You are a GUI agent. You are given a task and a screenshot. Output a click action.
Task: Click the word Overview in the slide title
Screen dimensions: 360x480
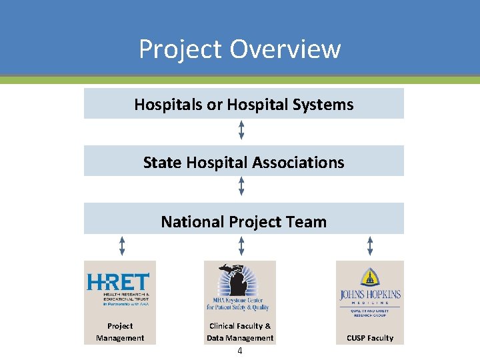coord(285,49)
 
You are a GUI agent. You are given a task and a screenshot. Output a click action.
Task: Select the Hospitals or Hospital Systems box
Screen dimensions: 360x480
coord(243,104)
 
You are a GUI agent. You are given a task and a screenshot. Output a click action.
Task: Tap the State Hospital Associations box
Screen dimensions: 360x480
coord(243,162)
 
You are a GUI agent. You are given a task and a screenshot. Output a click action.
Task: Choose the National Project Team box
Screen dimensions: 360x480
coord(243,221)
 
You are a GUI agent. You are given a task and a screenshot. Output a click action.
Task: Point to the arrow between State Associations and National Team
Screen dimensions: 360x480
coord(241,187)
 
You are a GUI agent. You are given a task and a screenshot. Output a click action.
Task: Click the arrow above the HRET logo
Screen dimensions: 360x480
coord(122,246)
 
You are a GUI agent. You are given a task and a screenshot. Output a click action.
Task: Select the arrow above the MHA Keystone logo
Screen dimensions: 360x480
coord(241,246)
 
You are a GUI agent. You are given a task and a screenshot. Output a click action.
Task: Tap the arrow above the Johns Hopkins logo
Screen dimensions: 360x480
coord(370,246)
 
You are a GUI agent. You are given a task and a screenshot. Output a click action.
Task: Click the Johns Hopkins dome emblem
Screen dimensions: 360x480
coord(369,277)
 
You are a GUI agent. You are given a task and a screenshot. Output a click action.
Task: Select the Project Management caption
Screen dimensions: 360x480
coord(120,332)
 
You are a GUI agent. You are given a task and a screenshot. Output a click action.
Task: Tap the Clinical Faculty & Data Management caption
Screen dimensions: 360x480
coord(240,332)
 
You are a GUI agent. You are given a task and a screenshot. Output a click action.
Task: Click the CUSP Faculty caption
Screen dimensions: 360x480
coord(370,338)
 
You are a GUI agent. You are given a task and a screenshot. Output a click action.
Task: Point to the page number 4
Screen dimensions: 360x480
coord(239,351)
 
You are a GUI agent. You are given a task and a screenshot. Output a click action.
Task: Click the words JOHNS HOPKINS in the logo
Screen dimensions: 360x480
coord(369,293)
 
